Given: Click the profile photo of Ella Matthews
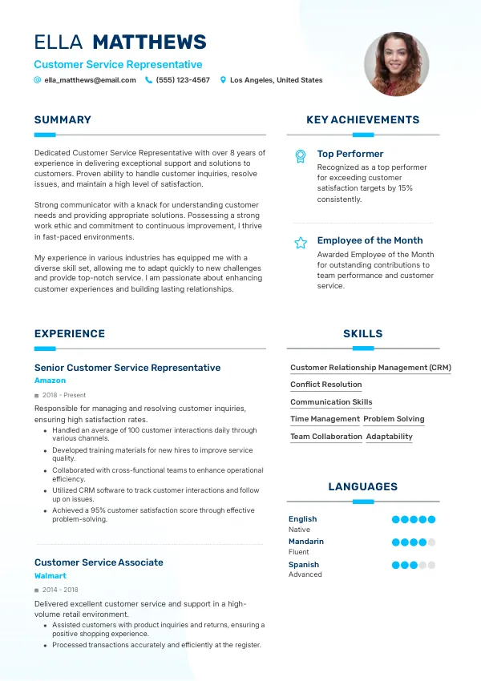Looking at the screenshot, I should pyautogui.click(x=396, y=64).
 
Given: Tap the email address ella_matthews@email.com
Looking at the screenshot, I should pyautogui.click(x=90, y=80).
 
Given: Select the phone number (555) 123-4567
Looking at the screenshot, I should pyautogui.click(x=183, y=80).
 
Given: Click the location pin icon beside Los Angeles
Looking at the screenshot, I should pyautogui.click(x=224, y=80).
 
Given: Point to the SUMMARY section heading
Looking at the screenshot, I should pyautogui.click(x=63, y=120).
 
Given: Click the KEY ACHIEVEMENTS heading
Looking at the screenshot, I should pyautogui.click(x=362, y=120).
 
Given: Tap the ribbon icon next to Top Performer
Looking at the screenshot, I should pyautogui.click(x=301, y=155).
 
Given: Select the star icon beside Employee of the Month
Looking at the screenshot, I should pyautogui.click(x=301, y=242).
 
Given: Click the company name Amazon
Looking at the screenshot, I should pyautogui.click(x=51, y=381).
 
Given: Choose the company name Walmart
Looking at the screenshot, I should pyautogui.click(x=51, y=576).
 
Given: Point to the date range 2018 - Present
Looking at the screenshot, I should pyautogui.click(x=63, y=395).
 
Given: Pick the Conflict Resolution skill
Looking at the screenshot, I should pyautogui.click(x=326, y=385).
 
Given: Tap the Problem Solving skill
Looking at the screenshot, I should pyautogui.click(x=394, y=419).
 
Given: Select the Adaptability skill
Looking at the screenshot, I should pyautogui.click(x=389, y=437).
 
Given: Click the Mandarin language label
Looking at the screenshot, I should pyautogui.click(x=306, y=542).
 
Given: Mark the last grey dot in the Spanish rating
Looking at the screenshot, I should pyautogui.click(x=431, y=565).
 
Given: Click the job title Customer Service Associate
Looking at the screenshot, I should pyautogui.click(x=99, y=562).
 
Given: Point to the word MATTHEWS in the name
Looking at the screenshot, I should pyautogui.click(x=150, y=42).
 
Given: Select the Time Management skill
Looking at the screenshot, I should pyautogui.click(x=325, y=419).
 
